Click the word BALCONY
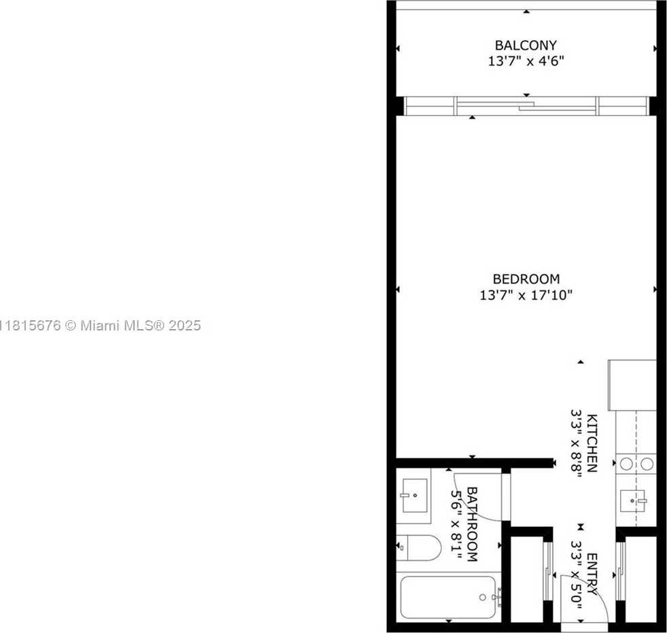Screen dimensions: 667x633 (x=526, y=45)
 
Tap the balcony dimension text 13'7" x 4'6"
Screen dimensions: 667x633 (x=526, y=61)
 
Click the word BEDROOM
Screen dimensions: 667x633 (x=526, y=279)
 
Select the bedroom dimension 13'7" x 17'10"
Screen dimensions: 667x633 (x=526, y=295)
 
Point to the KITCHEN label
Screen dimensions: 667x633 (x=592, y=443)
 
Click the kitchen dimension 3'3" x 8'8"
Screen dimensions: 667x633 (x=577, y=443)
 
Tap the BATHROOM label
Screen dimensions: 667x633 (x=472, y=524)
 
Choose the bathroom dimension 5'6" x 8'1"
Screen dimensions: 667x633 (x=456, y=524)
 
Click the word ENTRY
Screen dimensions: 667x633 (x=592, y=574)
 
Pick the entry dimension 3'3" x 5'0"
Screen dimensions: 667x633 (x=577, y=574)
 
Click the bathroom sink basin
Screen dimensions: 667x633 (x=414, y=496)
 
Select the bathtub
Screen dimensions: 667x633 (x=448, y=597)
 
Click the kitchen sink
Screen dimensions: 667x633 (x=632, y=500)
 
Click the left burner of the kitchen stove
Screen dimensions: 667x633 (x=626, y=464)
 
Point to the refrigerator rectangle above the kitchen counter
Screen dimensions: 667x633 (x=632, y=386)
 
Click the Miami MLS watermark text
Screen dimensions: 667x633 (x=101, y=326)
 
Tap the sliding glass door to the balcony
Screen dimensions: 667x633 (x=527, y=106)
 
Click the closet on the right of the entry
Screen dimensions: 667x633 (x=640, y=580)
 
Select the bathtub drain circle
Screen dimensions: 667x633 (x=482, y=597)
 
